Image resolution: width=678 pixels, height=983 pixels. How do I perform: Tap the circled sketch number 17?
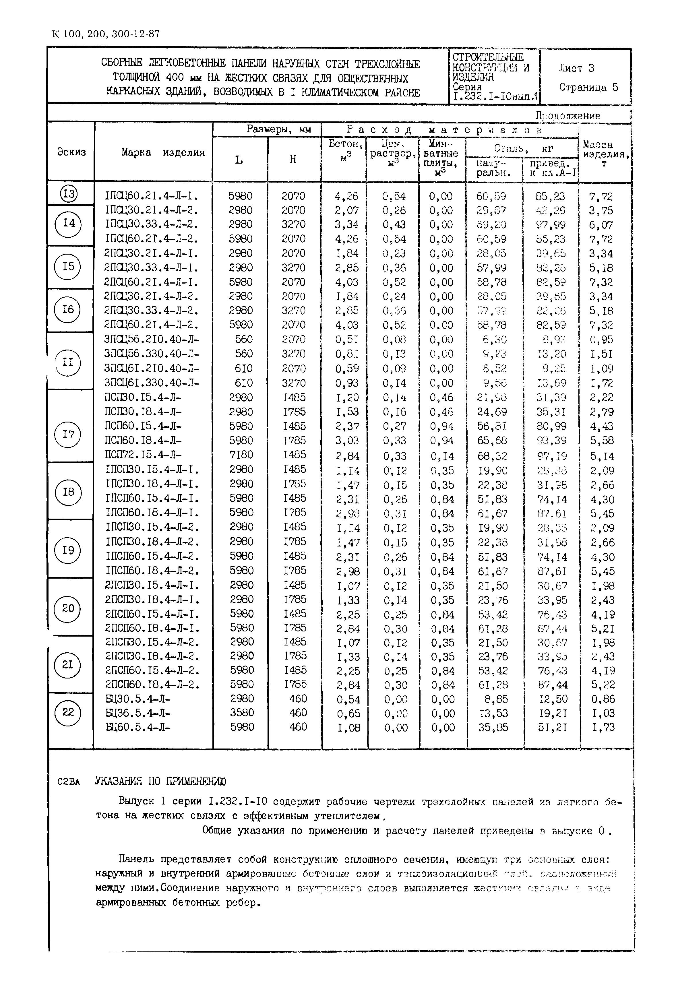pyautogui.click(x=68, y=434)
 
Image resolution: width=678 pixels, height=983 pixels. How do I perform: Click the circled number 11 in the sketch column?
pyautogui.click(x=68, y=362)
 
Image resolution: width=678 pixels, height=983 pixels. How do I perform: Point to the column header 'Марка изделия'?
pyautogui.click(x=163, y=152)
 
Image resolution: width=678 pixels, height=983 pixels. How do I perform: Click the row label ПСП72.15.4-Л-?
pyautogui.click(x=144, y=455)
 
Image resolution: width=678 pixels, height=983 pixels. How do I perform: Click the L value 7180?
pyautogui.click(x=241, y=455)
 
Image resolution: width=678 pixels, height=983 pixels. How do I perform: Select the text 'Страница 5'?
pyautogui.click(x=588, y=88)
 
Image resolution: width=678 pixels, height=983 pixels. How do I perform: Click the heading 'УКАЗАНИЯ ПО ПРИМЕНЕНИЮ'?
pyautogui.click(x=160, y=781)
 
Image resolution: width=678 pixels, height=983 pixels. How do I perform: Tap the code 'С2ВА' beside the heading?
pyautogui.click(x=68, y=782)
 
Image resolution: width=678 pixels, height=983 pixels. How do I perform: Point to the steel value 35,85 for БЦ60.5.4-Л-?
pyautogui.click(x=493, y=728)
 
